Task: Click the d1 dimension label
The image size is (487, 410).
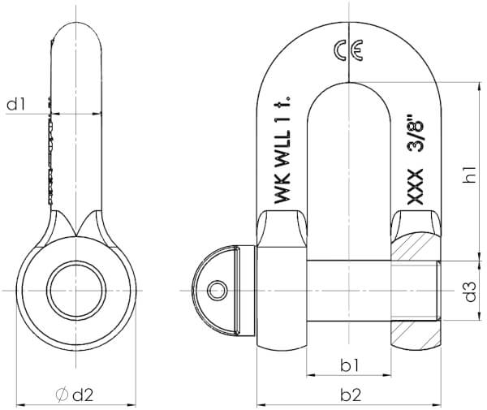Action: click(16, 104)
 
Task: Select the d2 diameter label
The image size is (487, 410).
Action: click(83, 395)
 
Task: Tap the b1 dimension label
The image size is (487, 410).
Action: click(349, 365)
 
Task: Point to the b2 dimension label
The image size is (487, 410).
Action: click(351, 395)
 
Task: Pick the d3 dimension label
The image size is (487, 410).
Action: click(470, 291)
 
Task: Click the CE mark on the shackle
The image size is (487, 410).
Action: click(348, 50)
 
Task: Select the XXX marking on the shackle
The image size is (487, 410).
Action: click(416, 187)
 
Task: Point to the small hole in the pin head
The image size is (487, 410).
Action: click(217, 291)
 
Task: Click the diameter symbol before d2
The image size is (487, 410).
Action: click(62, 395)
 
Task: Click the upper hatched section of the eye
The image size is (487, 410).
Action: click(416, 248)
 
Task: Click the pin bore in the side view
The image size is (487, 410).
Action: click(76, 291)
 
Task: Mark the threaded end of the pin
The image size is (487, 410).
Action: click(416, 291)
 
